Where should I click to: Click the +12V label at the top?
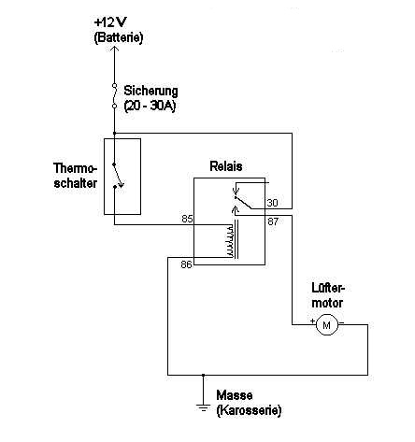pyautogui.click(x=110, y=22)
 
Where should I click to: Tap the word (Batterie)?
pyautogui.click(x=119, y=37)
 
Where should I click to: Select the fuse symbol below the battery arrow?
pyautogui.click(x=114, y=95)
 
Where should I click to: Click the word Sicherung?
pyautogui.click(x=151, y=91)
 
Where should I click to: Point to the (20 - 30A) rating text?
pyautogui.click(x=150, y=107)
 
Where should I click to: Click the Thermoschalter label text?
pyautogui.click(x=75, y=176)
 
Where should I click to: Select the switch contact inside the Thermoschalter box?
pyautogui.click(x=118, y=176)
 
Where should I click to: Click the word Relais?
pyautogui.click(x=226, y=166)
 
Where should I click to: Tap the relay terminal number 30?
pyautogui.click(x=272, y=203)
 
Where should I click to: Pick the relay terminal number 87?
pyautogui.click(x=273, y=221)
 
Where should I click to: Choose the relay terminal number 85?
pyautogui.click(x=187, y=219)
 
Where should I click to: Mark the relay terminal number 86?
pyautogui.click(x=186, y=264)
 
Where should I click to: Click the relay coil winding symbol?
pyautogui.click(x=230, y=241)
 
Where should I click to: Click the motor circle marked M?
pyautogui.click(x=326, y=325)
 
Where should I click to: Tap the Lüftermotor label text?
pyautogui.click(x=328, y=295)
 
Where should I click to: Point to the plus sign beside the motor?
pyautogui.click(x=312, y=321)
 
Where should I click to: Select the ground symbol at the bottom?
pyautogui.click(x=203, y=407)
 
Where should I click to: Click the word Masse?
pyautogui.click(x=235, y=395)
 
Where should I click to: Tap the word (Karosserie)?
pyautogui.click(x=249, y=410)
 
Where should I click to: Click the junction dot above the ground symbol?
pyautogui.click(x=203, y=375)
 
